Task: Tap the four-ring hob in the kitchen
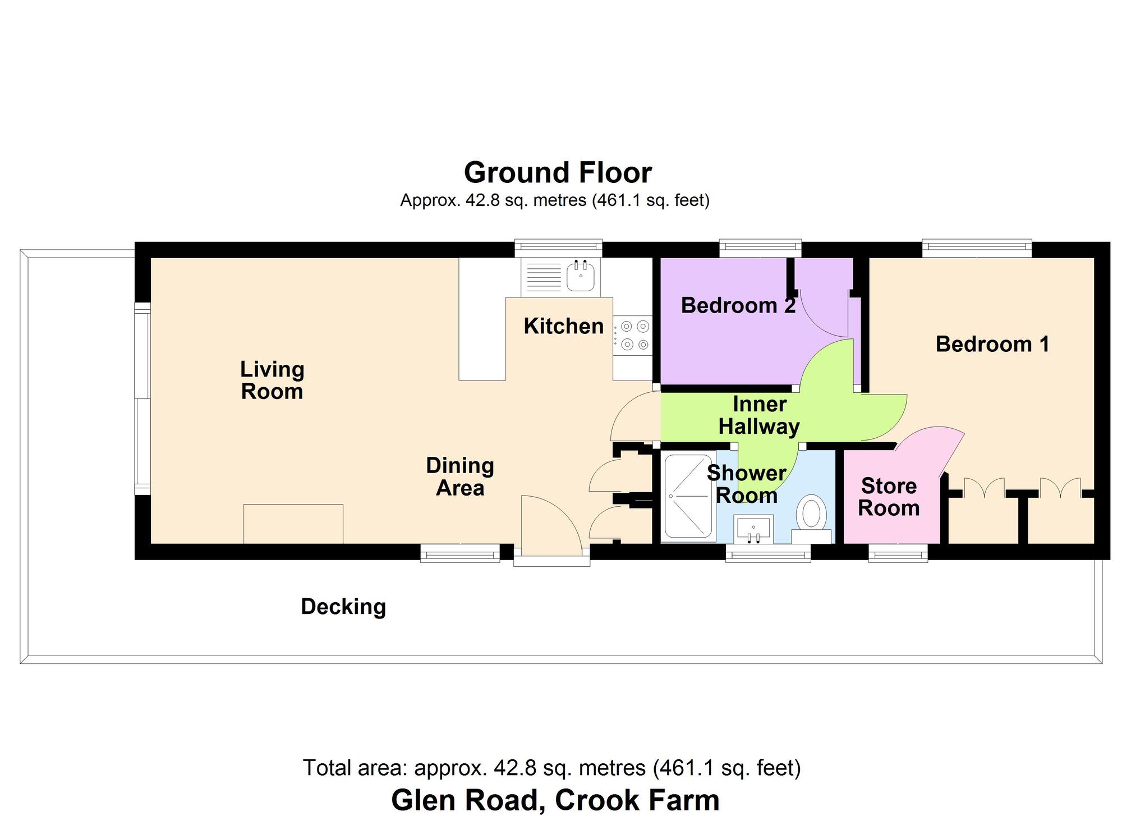632,336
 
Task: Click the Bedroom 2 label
738,305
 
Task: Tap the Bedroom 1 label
992,344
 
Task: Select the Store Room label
889,497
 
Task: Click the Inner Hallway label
759,415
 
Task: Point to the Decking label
343,607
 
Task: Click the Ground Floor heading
558,172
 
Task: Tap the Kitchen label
563,326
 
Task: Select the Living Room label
272,380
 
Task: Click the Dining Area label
460,476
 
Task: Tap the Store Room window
898,553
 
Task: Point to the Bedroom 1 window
977,249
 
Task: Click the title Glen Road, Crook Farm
555,800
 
